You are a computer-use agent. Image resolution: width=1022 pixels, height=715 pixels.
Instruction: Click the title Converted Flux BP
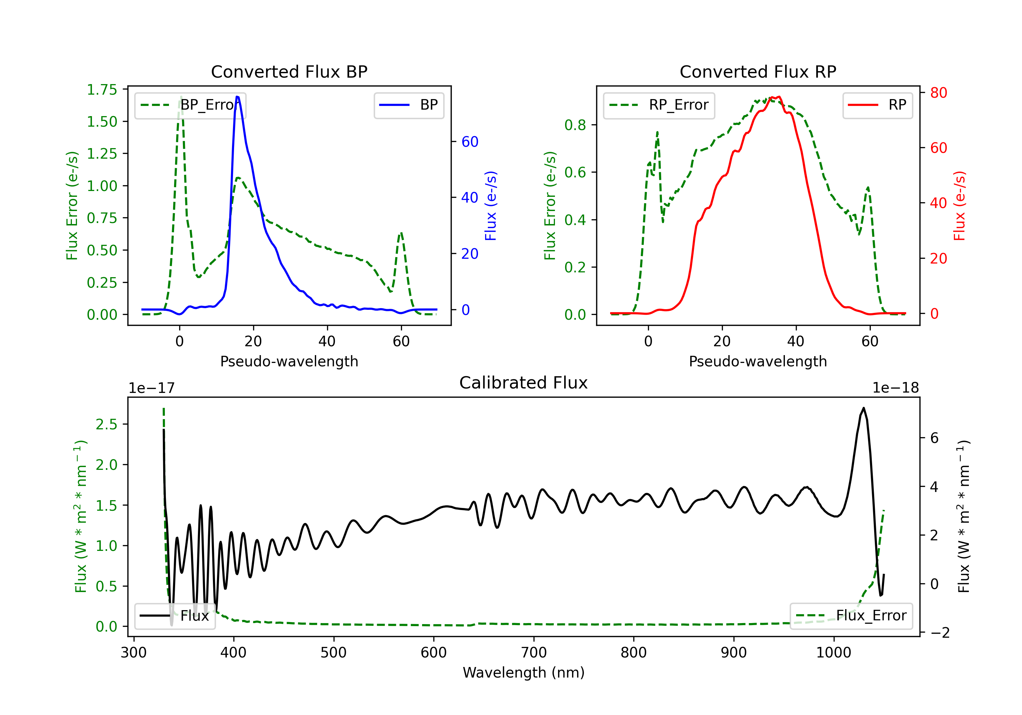coord(289,71)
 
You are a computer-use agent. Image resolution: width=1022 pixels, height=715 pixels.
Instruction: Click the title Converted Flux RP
coord(758,71)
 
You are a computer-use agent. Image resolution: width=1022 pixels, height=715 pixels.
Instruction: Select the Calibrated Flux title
coord(524,383)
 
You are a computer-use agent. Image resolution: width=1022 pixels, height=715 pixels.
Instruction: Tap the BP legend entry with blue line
coord(408,105)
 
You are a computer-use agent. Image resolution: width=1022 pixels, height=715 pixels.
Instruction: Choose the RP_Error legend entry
coord(659,105)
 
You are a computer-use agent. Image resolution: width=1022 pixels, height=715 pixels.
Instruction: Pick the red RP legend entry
coord(877,105)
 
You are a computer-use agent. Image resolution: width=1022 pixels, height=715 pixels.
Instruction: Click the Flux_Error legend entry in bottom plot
coord(851,616)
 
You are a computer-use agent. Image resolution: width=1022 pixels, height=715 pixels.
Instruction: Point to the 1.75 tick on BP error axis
coord(102,90)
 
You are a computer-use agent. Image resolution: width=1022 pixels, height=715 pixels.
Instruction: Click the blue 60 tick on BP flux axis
coord(469,142)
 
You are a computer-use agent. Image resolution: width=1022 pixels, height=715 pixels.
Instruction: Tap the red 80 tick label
coord(938,93)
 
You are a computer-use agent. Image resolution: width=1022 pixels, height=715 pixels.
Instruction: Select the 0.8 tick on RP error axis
coord(575,125)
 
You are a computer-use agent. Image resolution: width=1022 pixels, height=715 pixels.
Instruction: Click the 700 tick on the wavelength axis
coord(534,653)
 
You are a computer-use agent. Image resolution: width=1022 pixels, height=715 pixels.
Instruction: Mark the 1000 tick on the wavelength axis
coord(834,653)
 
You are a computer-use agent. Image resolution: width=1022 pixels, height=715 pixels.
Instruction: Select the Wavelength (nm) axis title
coord(524,672)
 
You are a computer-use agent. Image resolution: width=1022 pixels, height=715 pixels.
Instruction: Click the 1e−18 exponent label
coord(896,388)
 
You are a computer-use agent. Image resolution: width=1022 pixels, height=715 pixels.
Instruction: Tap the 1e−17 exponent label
coord(151,388)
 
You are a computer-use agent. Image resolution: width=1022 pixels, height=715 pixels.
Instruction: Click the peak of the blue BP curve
coord(237,97)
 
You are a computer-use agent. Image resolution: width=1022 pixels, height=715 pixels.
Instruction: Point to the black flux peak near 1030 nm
coord(864,408)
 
